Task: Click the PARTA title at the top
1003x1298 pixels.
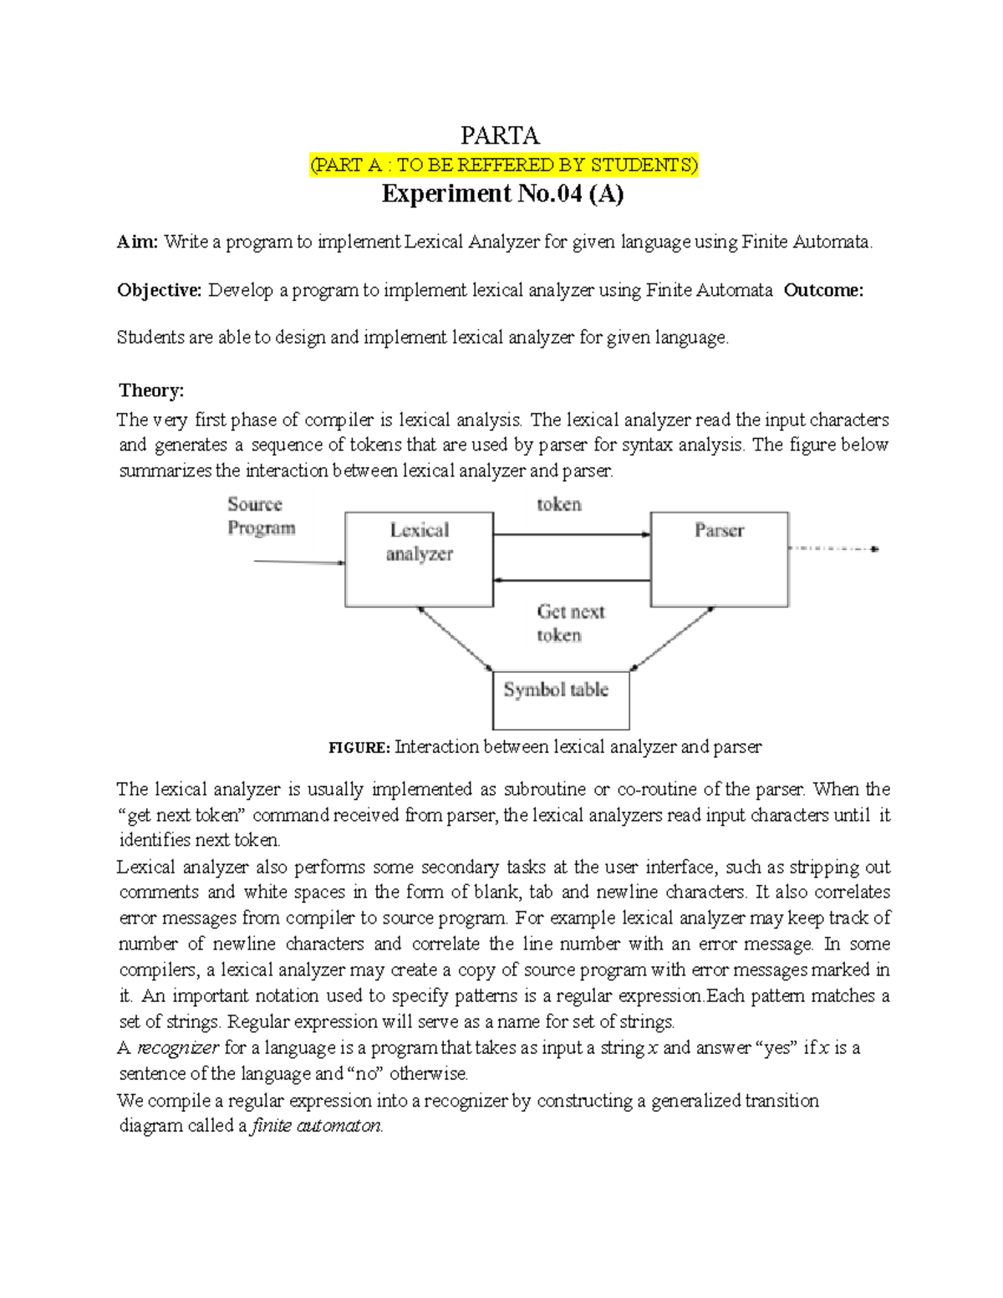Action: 500,135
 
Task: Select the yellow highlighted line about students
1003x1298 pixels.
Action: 503,165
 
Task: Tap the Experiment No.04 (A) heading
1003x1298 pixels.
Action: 502,194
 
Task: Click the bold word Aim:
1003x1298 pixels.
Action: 137,242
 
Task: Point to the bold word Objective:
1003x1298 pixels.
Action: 159,290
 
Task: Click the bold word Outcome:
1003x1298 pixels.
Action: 823,290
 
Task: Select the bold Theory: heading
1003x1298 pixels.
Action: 151,390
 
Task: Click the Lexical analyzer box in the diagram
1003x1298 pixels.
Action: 419,559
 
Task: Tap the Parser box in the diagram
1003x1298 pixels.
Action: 719,559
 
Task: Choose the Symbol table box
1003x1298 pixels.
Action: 561,700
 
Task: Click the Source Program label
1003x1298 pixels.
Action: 261,516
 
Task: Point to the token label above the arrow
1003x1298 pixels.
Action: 558,504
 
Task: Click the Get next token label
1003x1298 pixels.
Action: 570,624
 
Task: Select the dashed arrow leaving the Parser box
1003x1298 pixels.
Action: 832,549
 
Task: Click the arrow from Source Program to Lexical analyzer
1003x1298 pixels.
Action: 298,562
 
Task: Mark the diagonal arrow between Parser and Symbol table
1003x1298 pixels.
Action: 673,639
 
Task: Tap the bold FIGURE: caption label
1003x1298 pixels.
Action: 359,747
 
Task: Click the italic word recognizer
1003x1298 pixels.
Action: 178,1048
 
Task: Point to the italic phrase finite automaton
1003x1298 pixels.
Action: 317,1126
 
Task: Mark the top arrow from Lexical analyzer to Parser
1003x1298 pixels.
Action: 572,535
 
